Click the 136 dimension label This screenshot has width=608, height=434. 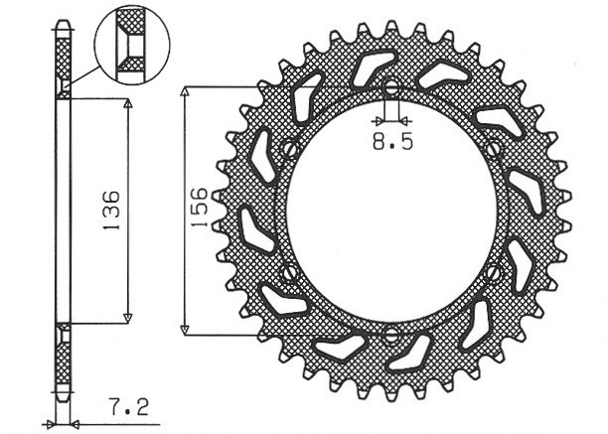point(111,211)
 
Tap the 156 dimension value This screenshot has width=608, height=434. point(199,209)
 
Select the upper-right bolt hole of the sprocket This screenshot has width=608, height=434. point(495,149)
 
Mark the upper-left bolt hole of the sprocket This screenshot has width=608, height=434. point(289,150)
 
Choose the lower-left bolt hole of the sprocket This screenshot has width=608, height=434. point(288,271)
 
